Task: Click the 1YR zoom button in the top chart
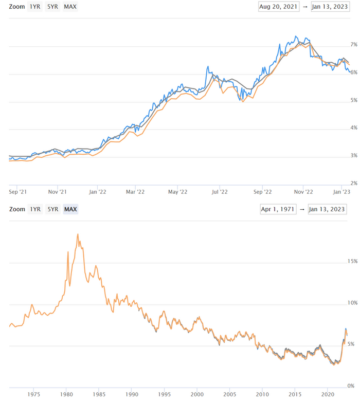coord(35,8)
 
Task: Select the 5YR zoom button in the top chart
coord(52,8)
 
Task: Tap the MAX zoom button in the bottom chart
coord(70,209)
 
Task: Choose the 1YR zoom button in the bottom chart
coord(35,209)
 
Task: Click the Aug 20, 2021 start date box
coord(278,8)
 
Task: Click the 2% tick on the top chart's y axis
coord(354,183)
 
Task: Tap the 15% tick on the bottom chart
coord(352,261)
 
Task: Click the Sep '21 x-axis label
coord(18,192)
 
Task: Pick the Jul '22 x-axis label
coord(220,192)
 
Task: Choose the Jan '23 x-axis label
coord(342,192)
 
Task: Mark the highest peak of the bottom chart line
coord(78,234)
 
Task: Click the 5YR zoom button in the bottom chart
coord(52,209)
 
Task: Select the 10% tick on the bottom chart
coord(352,303)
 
